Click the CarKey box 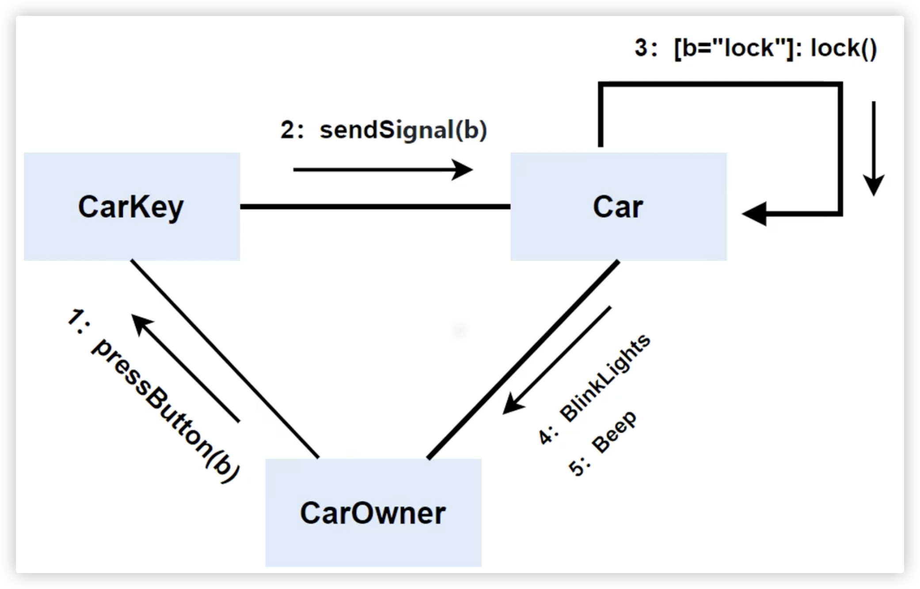132,207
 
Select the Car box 618,207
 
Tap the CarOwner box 373,513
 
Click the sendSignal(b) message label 403,130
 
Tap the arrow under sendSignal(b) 383,170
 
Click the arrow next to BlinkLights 557,360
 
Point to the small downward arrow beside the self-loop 874,148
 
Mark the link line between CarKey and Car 375,207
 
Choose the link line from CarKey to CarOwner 224,359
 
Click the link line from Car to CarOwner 523,359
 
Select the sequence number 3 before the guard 642,48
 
